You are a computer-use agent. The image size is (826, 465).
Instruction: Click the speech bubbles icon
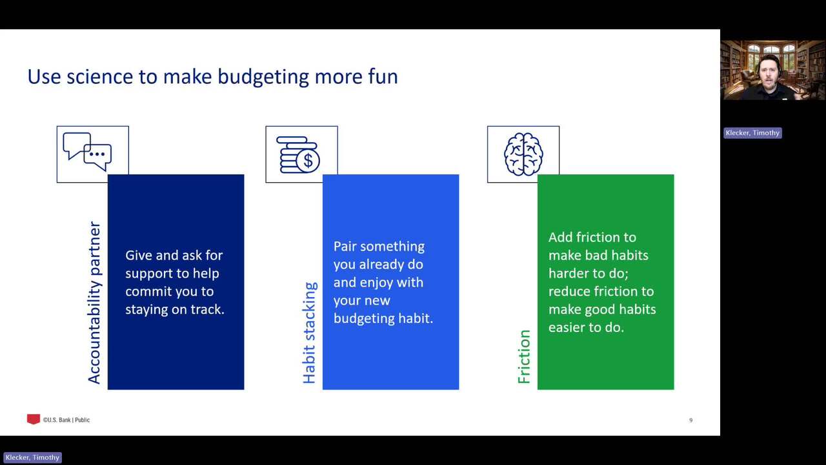(x=87, y=152)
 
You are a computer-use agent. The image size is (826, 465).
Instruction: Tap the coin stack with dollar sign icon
(x=298, y=155)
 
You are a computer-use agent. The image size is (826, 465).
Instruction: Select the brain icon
(x=523, y=154)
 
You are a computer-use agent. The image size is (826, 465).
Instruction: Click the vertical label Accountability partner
(x=94, y=303)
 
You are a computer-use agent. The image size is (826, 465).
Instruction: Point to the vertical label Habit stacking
(x=309, y=333)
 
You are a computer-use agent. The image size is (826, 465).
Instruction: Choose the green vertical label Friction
(x=524, y=356)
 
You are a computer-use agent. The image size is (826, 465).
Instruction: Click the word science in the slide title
(x=99, y=77)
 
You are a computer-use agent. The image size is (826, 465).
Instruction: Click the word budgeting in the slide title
(x=263, y=77)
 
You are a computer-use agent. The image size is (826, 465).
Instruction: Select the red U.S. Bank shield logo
(x=33, y=419)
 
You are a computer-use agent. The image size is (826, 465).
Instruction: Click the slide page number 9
(x=690, y=420)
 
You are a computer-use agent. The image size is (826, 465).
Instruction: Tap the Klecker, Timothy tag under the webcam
(x=752, y=133)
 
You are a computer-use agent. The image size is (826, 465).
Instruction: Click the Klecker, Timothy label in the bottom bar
(x=32, y=458)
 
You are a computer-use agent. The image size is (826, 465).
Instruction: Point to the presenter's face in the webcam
(x=769, y=71)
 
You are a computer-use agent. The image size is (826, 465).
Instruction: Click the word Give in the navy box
(x=138, y=255)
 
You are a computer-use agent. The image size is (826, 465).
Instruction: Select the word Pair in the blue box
(x=345, y=246)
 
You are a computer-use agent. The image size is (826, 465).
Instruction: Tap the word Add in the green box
(x=560, y=237)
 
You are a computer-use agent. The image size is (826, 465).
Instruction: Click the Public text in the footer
(x=82, y=420)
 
